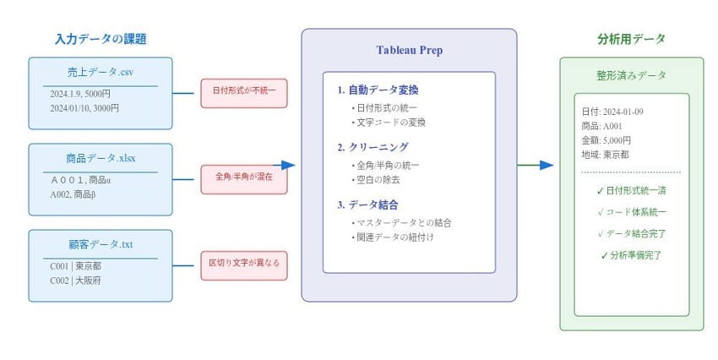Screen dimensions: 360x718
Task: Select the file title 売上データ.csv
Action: click(x=101, y=72)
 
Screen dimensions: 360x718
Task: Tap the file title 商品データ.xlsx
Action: click(x=101, y=158)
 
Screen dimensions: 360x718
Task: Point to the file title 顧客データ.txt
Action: click(x=101, y=244)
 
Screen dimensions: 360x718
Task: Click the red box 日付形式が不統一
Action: click(x=244, y=93)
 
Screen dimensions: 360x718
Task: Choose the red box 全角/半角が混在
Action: click(x=244, y=179)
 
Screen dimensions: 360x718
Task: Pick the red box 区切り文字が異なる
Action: click(x=244, y=265)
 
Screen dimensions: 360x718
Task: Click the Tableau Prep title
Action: click(x=409, y=51)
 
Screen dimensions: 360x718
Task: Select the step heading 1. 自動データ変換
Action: click(x=378, y=90)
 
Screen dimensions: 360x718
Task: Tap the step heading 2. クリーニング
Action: click(x=373, y=146)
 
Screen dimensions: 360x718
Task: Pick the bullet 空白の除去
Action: click(x=378, y=180)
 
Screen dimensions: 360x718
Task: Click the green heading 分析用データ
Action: click(x=631, y=39)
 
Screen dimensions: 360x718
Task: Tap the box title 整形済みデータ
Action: click(x=631, y=75)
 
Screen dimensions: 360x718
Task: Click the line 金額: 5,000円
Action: click(x=606, y=140)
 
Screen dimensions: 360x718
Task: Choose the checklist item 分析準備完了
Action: click(x=631, y=254)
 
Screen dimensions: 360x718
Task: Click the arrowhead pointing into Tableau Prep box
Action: click(x=289, y=166)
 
